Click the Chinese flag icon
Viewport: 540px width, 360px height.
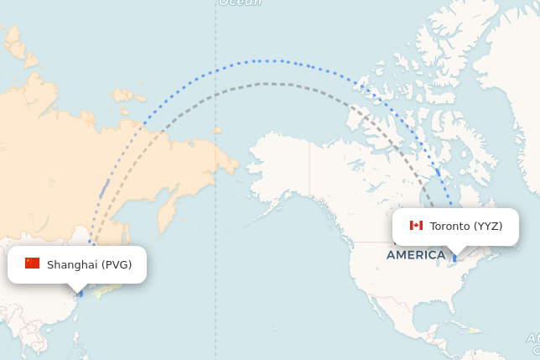33,263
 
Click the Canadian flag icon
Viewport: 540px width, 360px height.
416,225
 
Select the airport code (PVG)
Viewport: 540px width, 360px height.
117,264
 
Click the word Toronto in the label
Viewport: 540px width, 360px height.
450,226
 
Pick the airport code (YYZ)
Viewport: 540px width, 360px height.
488,226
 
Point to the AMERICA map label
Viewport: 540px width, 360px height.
416,254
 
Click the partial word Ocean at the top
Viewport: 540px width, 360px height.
241,3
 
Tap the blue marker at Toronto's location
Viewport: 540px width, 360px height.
455,258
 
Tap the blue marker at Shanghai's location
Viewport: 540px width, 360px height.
80,294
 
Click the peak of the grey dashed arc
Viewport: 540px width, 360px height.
267,83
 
